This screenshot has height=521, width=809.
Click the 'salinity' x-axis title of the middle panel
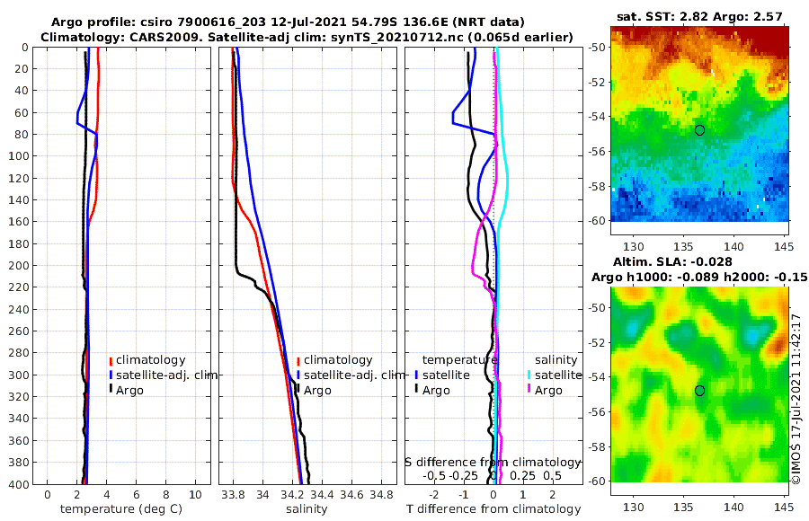tap(307, 509)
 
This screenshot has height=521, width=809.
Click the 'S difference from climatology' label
tap(493, 462)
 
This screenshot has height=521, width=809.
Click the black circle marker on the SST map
tap(699, 130)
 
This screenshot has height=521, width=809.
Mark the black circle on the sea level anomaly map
tap(699, 391)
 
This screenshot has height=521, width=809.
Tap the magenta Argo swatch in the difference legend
tap(529, 390)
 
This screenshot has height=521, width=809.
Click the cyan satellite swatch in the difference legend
tap(529, 375)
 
